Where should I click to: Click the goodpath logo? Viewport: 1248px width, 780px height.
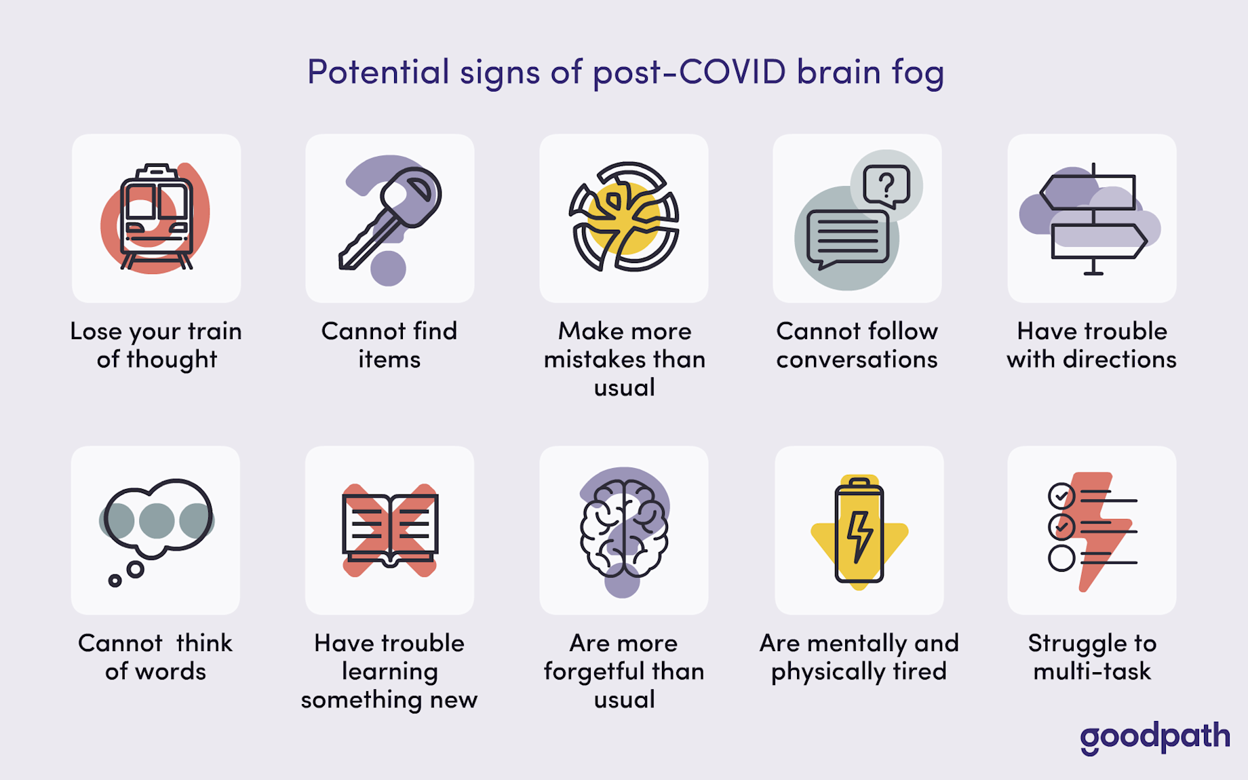1154,737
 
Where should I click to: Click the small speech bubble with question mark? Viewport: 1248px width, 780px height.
886,185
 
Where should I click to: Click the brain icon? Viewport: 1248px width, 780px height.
624,529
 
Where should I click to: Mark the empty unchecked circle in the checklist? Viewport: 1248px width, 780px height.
1061,558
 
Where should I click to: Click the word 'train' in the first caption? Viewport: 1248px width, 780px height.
214,331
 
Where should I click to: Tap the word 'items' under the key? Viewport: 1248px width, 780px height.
389,359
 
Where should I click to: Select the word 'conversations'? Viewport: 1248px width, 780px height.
857,359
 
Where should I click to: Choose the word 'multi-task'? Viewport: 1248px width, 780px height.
1092,671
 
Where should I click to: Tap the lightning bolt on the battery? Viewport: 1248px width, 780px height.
860,536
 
